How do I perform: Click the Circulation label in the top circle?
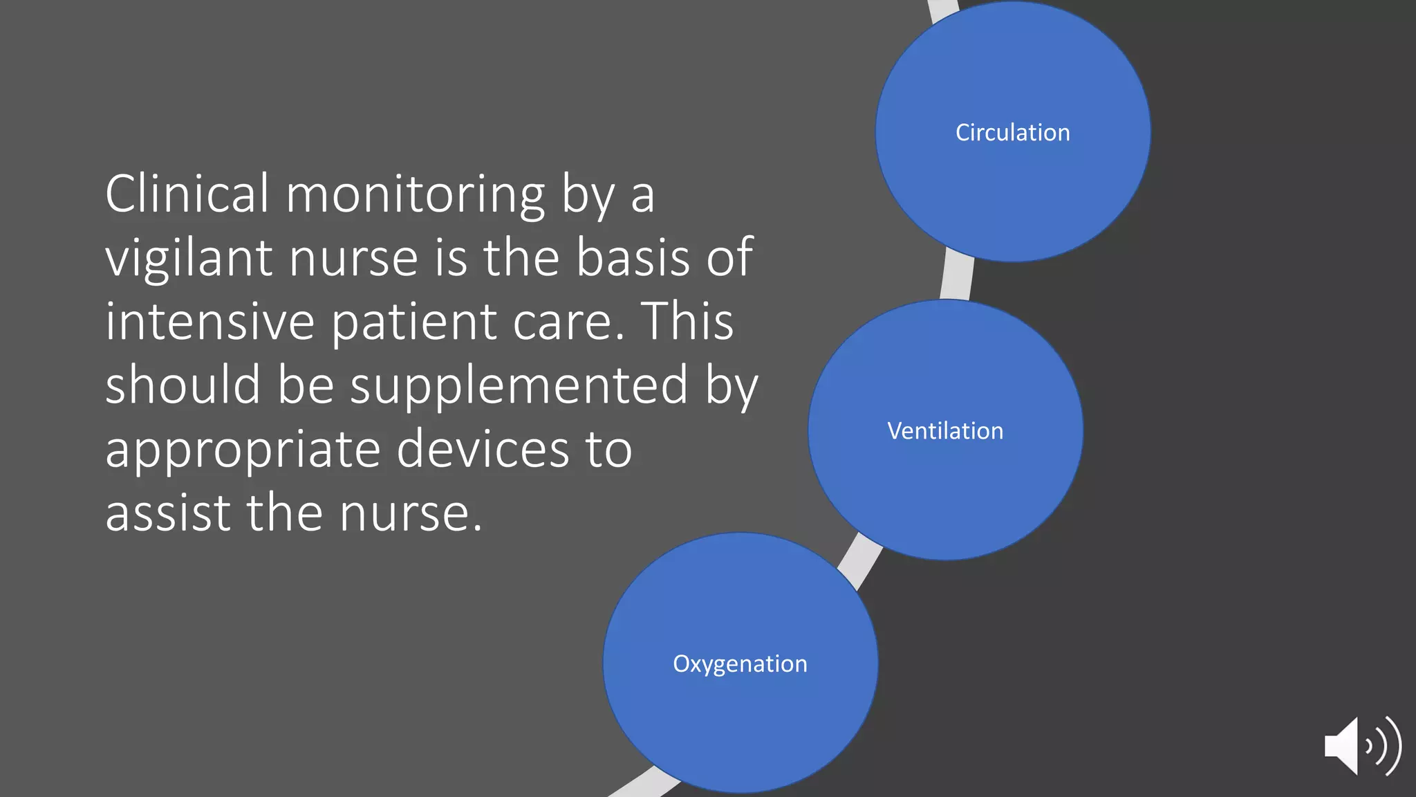coord(1012,132)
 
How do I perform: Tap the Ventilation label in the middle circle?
coord(945,430)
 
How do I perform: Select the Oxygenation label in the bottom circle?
coord(740,663)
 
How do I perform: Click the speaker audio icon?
coord(1361,746)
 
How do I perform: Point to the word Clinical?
coord(187,194)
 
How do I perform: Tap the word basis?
coord(633,257)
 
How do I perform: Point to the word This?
coord(687,321)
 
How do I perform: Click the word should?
coord(183,385)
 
